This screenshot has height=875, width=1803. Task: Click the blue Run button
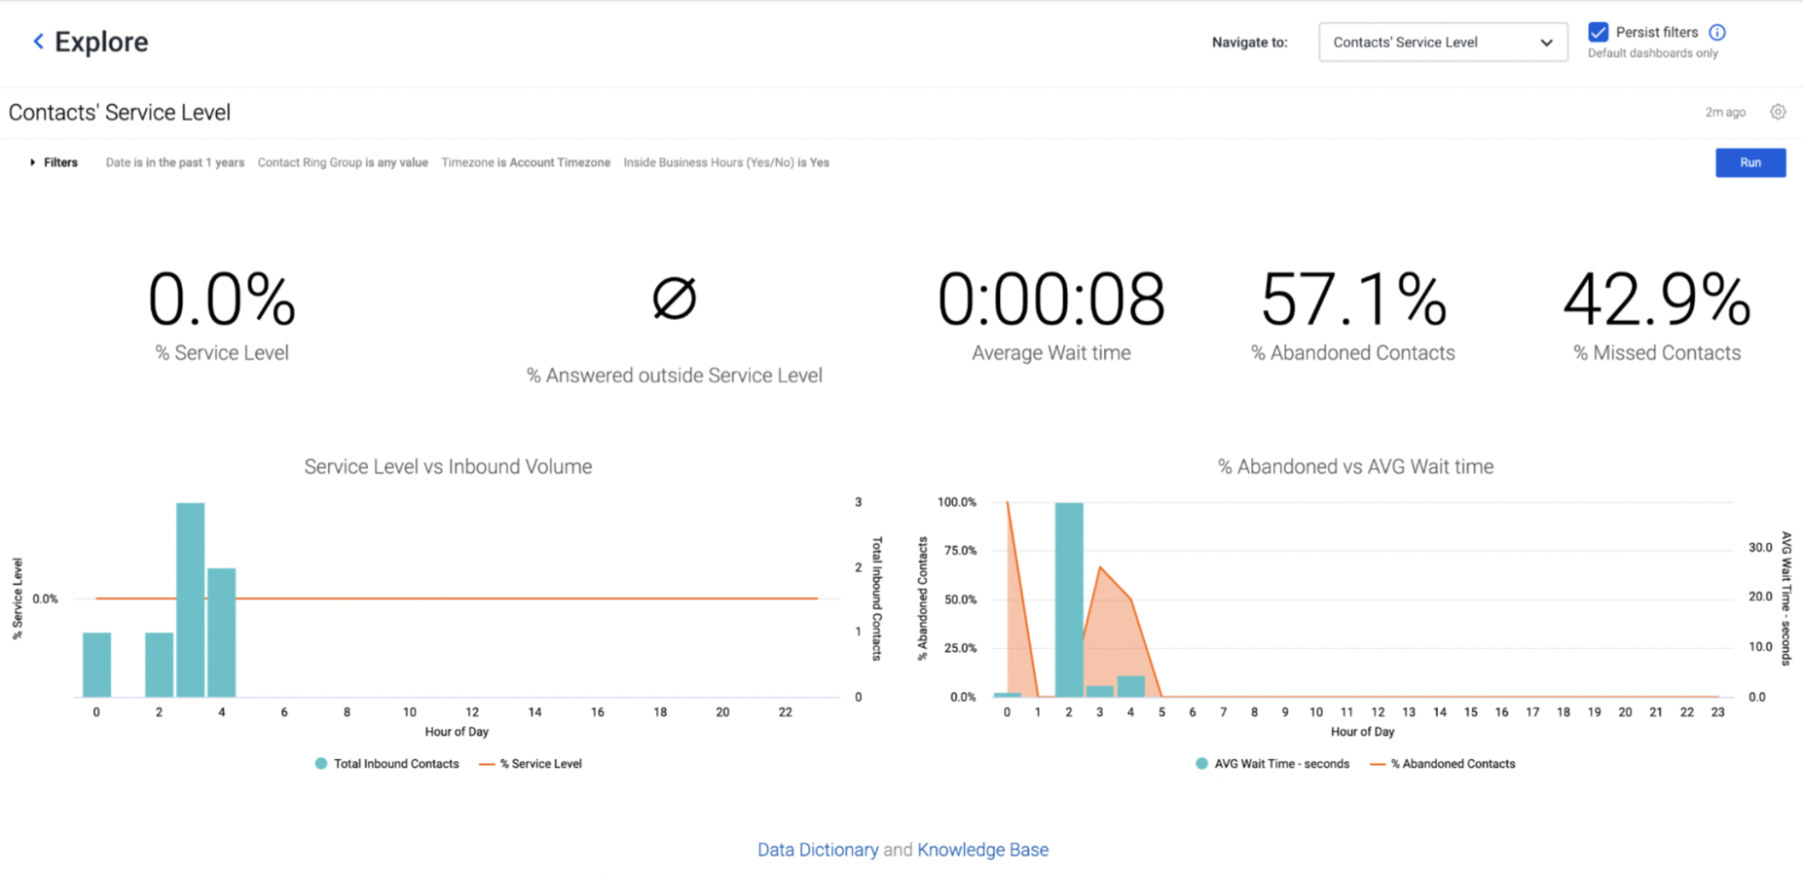pyautogui.click(x=1750, y=163)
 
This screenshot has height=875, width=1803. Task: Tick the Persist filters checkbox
pyautogui.click(x=1598, y=32)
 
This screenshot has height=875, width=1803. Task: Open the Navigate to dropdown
pyautogui.click(x=1443, y=42)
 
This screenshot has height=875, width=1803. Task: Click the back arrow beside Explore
pyautogui.click(x=38, y=41)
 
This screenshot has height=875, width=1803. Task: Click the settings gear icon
pyautogui.click(x=1778, y=112)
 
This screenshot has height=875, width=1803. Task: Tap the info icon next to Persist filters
pyautogui.click(x=1717, y=32)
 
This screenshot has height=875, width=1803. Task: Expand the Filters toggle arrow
pyautogui.click(x=32, y=163)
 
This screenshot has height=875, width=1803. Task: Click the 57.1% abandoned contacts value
pyautogui.click(x=1353, y=299)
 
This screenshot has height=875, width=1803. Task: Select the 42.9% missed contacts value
pyautogui.click(x=1657, y=299)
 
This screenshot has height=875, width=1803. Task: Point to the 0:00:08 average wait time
pyautogui.click(x=1051, y=299)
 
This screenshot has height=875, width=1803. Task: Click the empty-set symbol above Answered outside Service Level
pyautogui.click(x=674, y=298)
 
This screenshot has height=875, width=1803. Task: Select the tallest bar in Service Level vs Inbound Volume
pyautogui.click(x=190, y=600)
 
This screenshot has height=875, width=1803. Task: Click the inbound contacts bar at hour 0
pyautogui.click(x=97, y=664)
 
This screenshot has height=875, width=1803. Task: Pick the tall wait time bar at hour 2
pyautogui.click(x=1069, y=600)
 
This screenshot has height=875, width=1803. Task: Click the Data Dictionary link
pyautogui.click(x=818, y=849)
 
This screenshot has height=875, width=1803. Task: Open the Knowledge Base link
pyautogui.click(x=983, y=849)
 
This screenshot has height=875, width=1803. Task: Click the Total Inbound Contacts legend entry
pyautogui.click(x=387, y=764)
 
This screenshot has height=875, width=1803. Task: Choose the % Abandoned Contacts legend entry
pyautogui.click(x=1442, y=764)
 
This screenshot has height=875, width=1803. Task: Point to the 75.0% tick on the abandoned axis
pyautogui.click(x=960, y=551)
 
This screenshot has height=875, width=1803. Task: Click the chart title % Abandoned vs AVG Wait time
pyautogui.click(x=1355, y=466)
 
